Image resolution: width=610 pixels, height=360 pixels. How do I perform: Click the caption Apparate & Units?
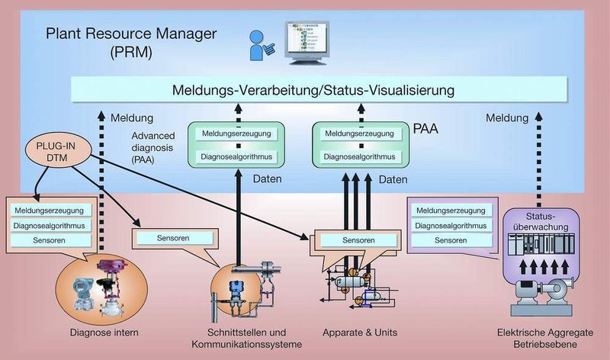click(360, 333)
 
